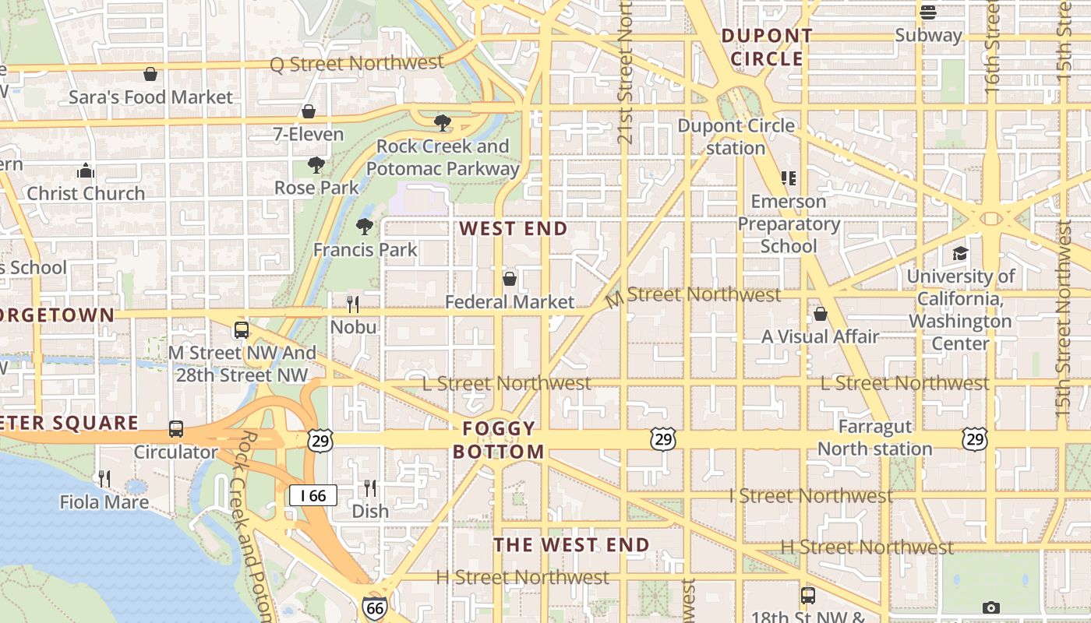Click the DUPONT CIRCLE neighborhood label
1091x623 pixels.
pyautogui.click(x=767, y=47)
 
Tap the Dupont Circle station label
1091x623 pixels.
pyautogui.click(x=736, y=136)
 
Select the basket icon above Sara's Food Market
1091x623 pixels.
pyautogui.click(x=150, y=74)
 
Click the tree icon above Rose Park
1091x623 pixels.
pyautogui.click(x=316, y=164)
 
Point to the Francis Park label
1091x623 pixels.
pyautogui.click(x=365, y=250)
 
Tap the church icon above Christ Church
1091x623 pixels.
pyautogui.click(x=86, y=171)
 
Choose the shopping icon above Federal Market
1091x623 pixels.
pyautogui.click(x=510, y=278)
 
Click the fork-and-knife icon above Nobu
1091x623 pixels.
pyautogui.click(x=353, y=304)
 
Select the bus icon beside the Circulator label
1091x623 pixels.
pyautogui.click(x=176, y=429)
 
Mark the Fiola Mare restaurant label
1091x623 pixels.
pyautogui.click(x=104, y=502)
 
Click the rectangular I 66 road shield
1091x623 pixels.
pyautogui.click(x=313, y=495)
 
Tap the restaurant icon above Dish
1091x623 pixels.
pyautogui.click(x=370, y=488)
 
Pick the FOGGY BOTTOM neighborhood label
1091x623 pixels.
pyautogui.click(x=499, y=440)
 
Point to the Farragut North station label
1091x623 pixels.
pyautogui.click(x=874, y=438)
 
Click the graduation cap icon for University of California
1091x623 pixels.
pyautogui.click(x=960, y=254)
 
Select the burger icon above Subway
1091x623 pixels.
pyautogui.click(x=927, y=12)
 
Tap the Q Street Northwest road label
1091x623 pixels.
pyautogui.click(x=357, y=64)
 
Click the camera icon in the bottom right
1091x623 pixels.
pyautogui.click(x=990, y=607)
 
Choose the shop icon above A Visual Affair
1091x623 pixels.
pyautogui.click(x=820, y=314)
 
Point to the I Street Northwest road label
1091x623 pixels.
pyautogui.click(x=810, y=495)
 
